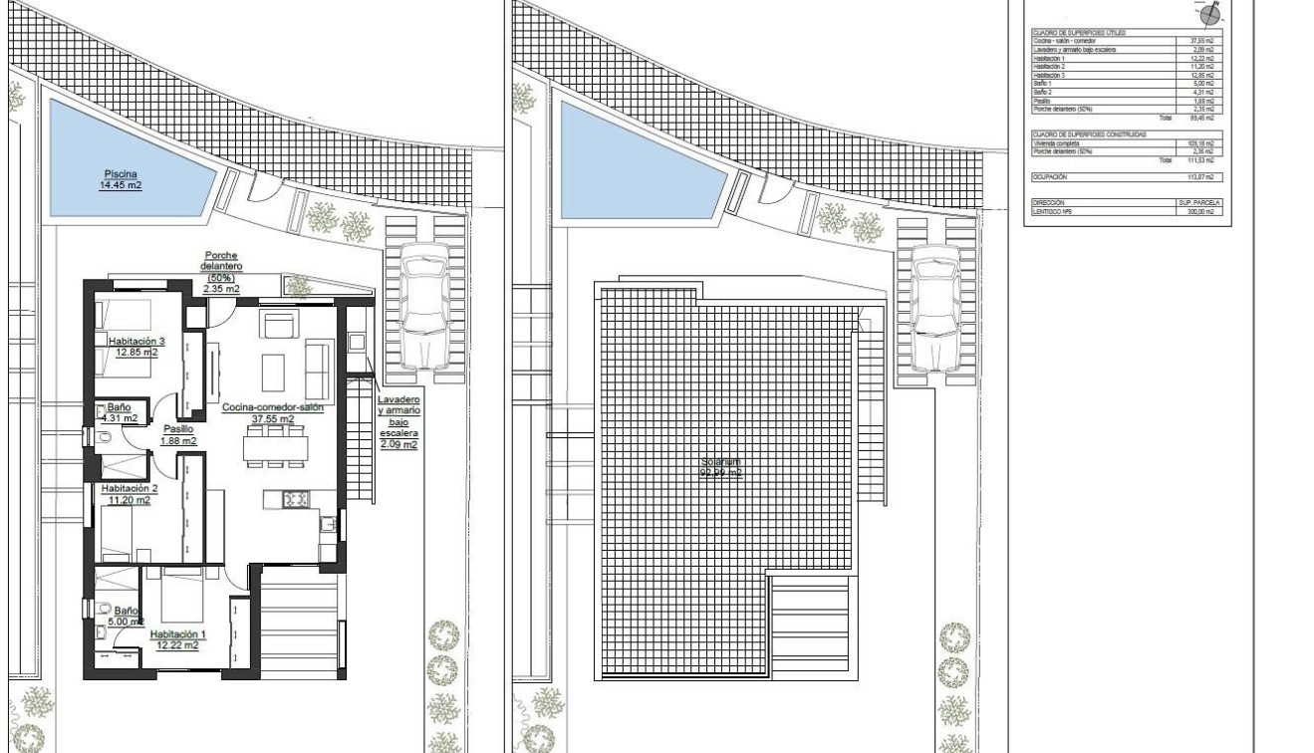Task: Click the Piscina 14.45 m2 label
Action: (120, 179)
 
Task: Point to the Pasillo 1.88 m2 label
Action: (179, 434)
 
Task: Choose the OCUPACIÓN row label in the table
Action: (1050, 176)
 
